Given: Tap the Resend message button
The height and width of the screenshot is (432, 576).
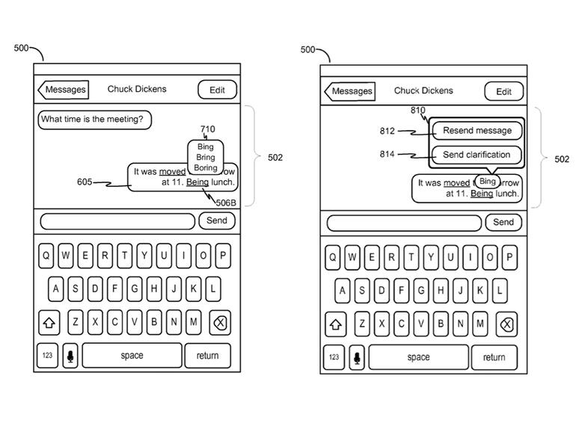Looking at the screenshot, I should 477,131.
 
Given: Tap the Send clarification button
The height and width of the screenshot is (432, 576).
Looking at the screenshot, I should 477,155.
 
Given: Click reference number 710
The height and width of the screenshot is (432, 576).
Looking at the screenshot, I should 207,129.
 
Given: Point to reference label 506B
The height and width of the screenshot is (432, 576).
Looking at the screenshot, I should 226,203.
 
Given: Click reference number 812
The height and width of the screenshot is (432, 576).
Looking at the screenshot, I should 387,132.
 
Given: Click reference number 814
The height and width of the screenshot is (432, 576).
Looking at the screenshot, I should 387,155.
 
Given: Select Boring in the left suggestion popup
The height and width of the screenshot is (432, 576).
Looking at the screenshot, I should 206,168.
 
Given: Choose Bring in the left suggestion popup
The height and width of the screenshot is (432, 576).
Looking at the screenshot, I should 206,158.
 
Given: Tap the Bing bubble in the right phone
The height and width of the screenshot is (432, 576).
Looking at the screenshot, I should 488,182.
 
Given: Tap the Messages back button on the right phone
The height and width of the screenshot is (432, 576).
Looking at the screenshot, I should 350,91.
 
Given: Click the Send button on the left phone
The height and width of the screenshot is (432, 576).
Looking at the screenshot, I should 217,220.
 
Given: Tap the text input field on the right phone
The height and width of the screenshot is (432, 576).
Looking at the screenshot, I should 404,223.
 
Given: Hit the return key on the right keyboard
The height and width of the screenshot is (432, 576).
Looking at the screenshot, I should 494,357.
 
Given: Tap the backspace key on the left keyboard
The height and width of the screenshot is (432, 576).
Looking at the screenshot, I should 220,323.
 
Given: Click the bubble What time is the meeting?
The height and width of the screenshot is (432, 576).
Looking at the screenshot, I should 94,120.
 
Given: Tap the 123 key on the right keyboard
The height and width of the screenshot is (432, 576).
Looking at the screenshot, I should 334,357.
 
